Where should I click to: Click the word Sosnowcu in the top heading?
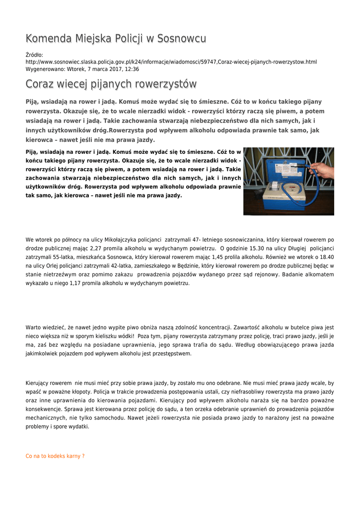[x=181, y=39]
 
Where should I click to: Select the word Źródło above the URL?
[x=34, y=55]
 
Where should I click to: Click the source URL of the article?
[x=171, y=62]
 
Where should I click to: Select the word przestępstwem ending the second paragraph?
[x=170, y=354]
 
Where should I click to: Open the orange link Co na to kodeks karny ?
[x=55, y=456]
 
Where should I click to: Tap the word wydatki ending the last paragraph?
[x=79, y=426]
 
